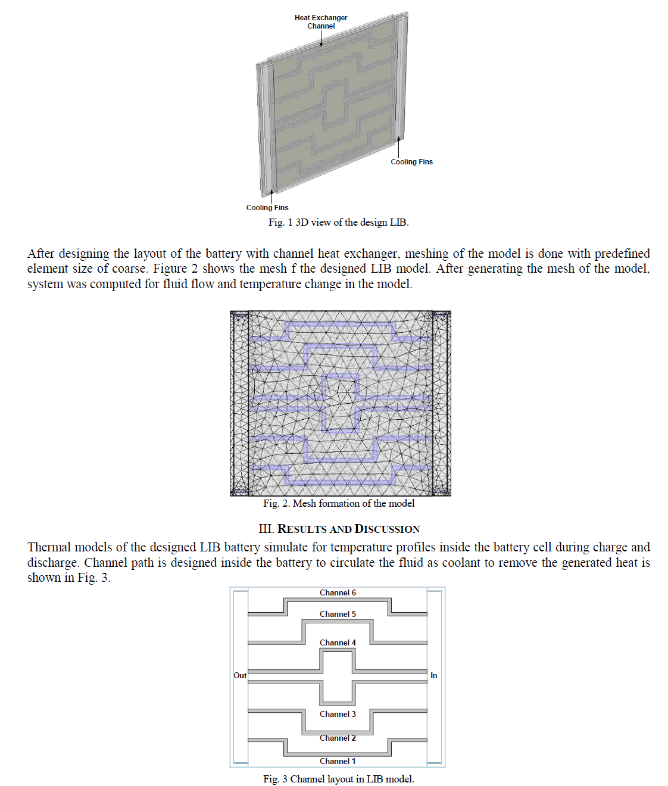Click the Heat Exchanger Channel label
tap(321, 22)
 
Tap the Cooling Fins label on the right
tap(411, 162)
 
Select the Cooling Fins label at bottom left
tap(267, 208)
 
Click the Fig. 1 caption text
tap(338, 223)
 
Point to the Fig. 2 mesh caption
tap(339, 504)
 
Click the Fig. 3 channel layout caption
tap(338, 779)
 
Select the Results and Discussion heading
tap(339, 529)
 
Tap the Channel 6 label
tap(338, 593)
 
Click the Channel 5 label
tap(338, 615)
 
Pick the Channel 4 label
tap(338, 643)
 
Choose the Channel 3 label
tap(338, 715)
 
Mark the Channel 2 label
tap(338, 738)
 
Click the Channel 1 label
tap(338, 762)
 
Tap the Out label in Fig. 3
tap(240, 676)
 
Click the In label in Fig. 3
tap(433, 676)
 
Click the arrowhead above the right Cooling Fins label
tap(398, 139)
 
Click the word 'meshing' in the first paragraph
tap(426, 254)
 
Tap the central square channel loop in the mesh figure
tap(341, 402)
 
